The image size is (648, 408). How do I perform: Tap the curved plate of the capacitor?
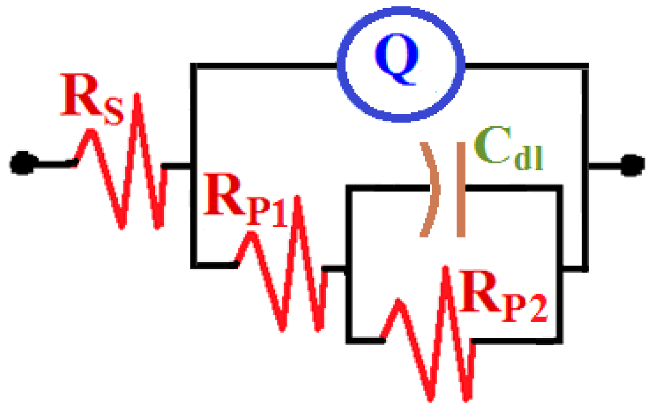tap(431, 190)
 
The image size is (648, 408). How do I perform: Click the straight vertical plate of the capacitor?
tap(460, 190)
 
